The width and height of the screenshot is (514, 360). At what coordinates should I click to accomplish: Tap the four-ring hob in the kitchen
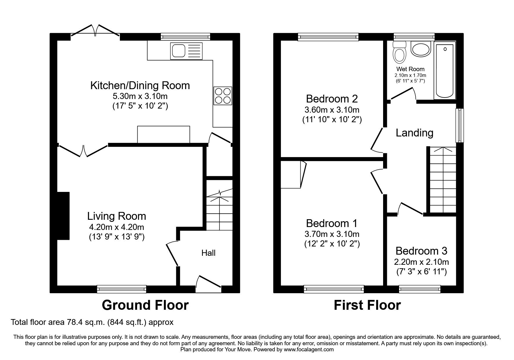click(x=223, y=96)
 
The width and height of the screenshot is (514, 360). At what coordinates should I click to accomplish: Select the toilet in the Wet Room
click(x=400, y=52)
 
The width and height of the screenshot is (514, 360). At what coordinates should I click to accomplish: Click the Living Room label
click(x=116, y=216)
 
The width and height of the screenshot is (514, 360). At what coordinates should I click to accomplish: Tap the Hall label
click(x=208, y=253)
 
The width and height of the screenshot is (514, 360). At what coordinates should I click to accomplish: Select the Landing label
click(x=414, y=133)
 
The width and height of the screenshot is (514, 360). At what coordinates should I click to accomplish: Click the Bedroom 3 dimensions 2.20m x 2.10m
click(x=421, y=262)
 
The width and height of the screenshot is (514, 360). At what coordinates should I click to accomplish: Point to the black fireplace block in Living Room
click(x=63, y=215)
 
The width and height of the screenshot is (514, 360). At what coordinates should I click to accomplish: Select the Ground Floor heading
click(x=145, y=305)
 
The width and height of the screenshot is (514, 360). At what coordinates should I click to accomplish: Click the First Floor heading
click(x=367, y=305)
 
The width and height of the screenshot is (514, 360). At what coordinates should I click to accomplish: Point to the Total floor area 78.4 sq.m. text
click(x=92, y=322)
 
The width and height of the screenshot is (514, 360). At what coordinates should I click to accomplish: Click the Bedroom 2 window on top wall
click(x=328, y=37)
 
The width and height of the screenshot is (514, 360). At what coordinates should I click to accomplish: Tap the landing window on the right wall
click(x=459, y=125)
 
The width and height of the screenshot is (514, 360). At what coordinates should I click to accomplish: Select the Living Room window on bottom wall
click(x=121, y=289)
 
